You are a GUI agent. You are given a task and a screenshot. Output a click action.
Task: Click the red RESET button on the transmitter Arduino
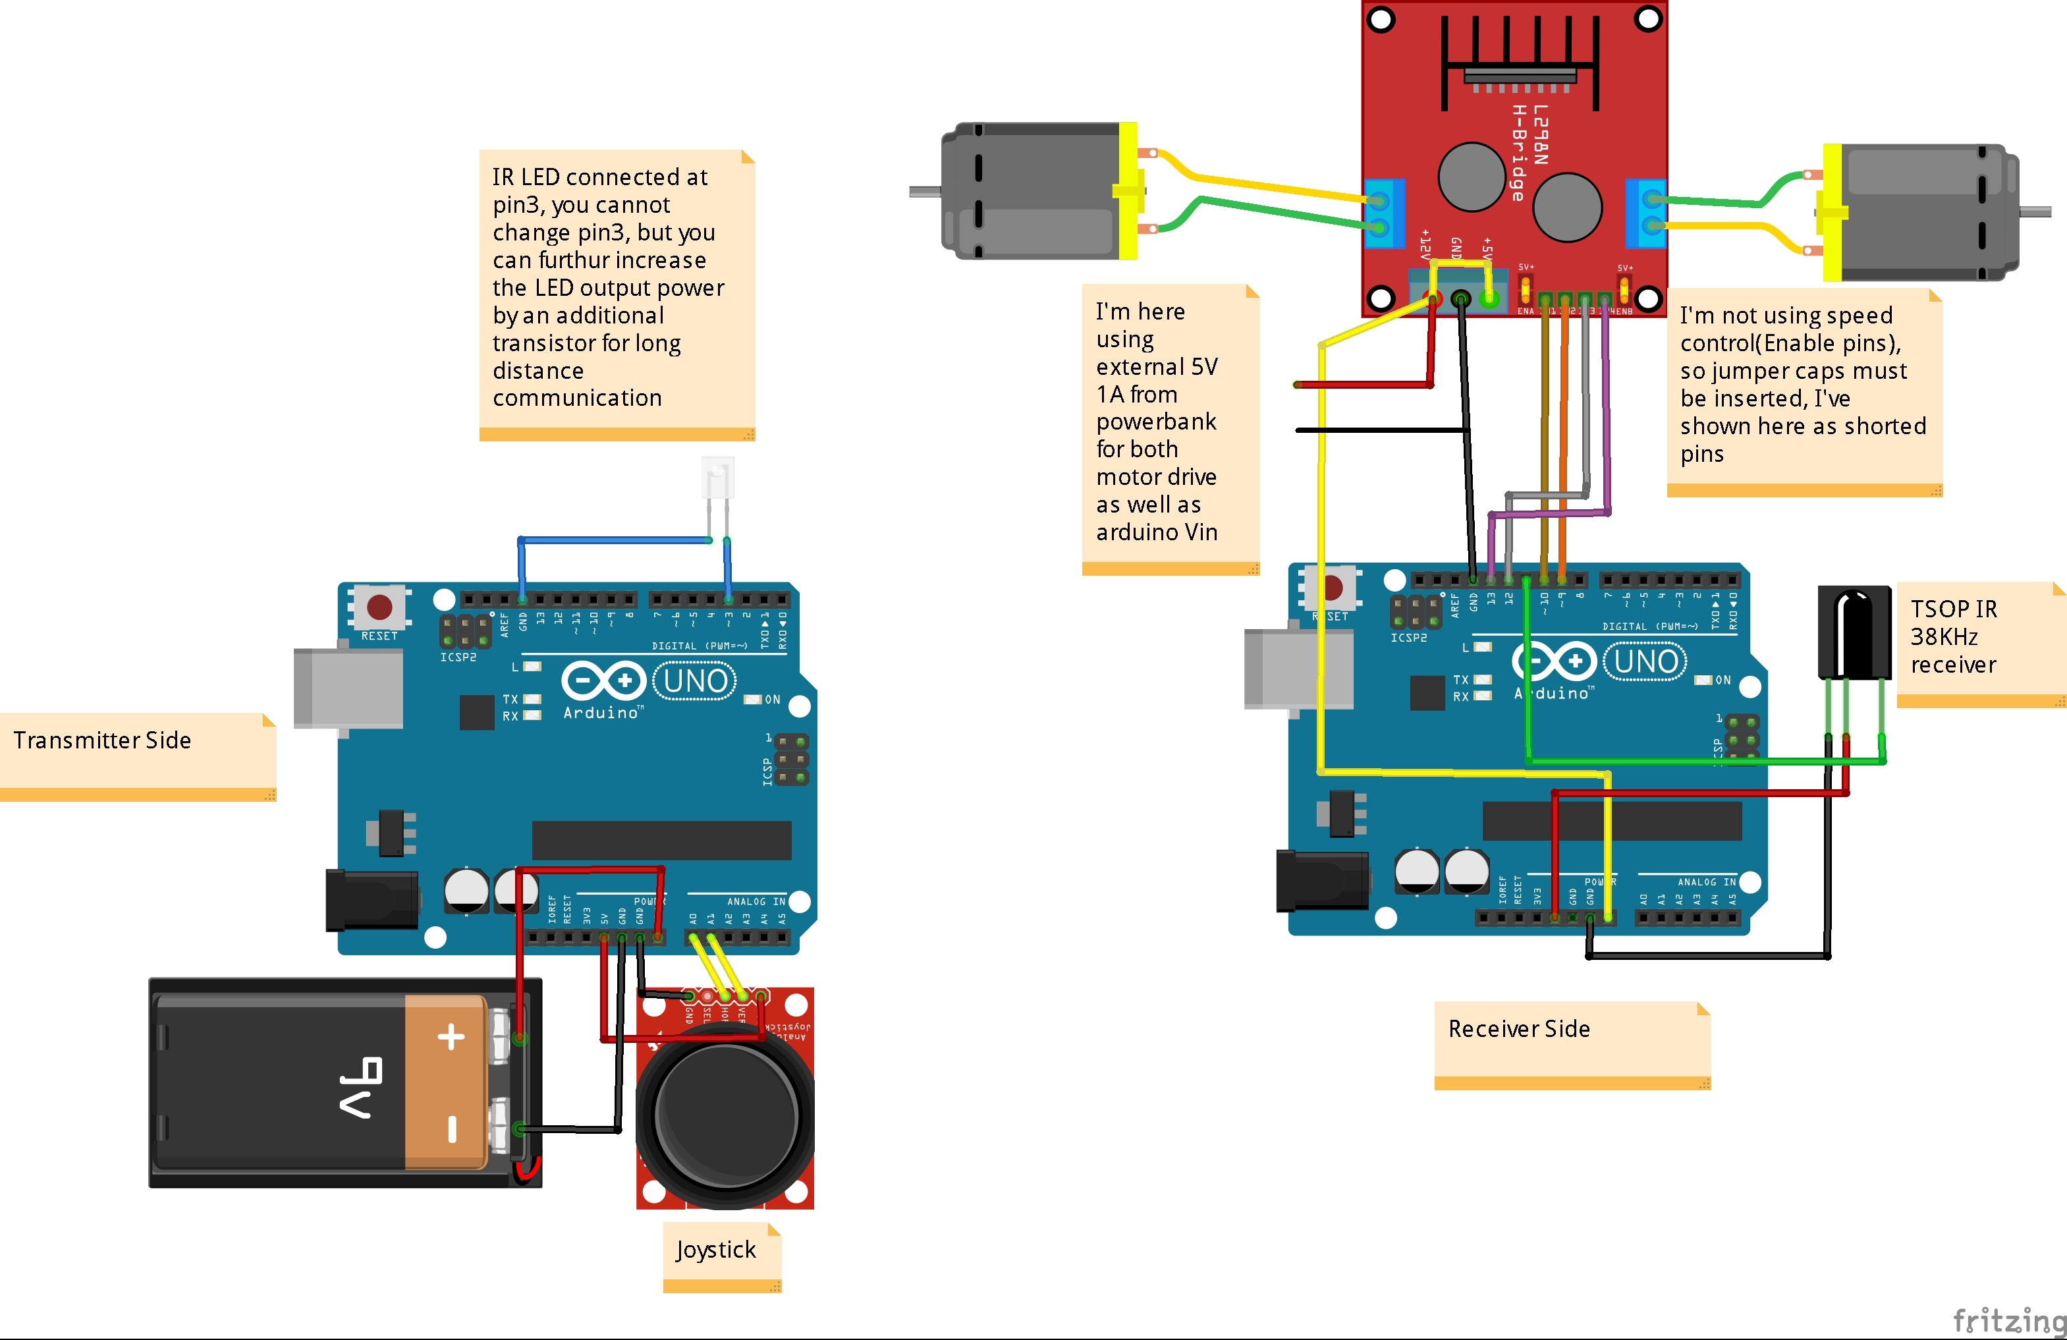point(379,606)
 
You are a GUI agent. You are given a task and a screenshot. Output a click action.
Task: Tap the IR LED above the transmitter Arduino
point(717,478)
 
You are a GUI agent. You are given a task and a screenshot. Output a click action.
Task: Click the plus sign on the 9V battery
point(451,1037)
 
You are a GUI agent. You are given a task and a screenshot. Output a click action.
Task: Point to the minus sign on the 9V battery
point(452,1129)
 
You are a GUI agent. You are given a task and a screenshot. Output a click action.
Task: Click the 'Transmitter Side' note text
point(103,740)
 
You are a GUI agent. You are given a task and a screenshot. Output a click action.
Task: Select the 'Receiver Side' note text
point(1519,1029)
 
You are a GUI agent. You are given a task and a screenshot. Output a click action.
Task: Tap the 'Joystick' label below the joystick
point(715,1249)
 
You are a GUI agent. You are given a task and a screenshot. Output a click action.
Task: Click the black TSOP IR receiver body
point(1854,630)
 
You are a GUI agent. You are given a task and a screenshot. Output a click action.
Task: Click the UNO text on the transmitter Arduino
point(695,681)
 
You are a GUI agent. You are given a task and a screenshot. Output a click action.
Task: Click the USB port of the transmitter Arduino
point(347,688)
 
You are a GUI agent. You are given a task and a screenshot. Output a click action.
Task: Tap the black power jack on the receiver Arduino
point(1321,881)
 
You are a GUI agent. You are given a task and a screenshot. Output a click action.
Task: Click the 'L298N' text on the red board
point(1540,134)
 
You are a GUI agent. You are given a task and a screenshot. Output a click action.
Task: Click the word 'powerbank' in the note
point(1156,422)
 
